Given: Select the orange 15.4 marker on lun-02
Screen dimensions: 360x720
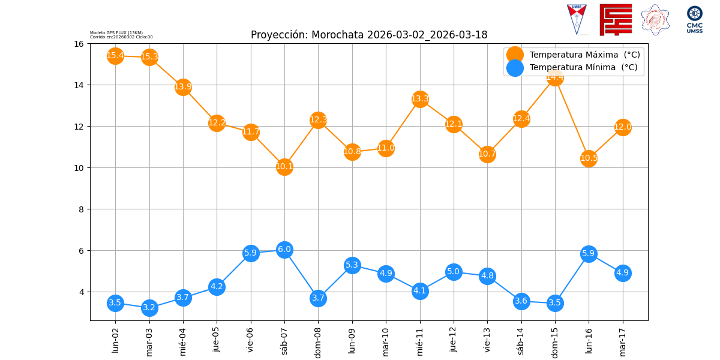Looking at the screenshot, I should tap(115, 56).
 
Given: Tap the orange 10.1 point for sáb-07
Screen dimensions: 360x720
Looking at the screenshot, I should tap(284, 167).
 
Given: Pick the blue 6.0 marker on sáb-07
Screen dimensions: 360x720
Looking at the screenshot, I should tap(284, 250).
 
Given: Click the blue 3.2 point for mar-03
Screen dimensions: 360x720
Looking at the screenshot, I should tap(149, 308).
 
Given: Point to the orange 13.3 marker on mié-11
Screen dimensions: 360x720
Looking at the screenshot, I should tap(420, 99).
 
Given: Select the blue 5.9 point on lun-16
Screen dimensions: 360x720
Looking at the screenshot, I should tap(589, 254).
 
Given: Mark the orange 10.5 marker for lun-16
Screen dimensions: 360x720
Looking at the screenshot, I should tap(589, 158).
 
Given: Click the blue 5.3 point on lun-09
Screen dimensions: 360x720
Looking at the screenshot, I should tap(352, 265).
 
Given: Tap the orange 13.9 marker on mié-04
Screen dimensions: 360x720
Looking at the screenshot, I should tap(183, 87).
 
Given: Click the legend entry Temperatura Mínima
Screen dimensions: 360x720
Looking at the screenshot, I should tap(583, 68).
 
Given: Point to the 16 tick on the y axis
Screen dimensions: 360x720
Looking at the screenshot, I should tap(79, 44).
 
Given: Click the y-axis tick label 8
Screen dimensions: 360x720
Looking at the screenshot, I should tap(81, 209).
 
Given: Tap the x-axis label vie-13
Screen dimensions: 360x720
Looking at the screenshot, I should tap(487, 340).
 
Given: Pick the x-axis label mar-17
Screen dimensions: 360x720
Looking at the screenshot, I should tap(623, 340).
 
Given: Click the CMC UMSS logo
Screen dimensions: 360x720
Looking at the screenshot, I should tap(695, 20).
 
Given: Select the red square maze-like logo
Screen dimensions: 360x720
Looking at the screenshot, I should tap(616, 20).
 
